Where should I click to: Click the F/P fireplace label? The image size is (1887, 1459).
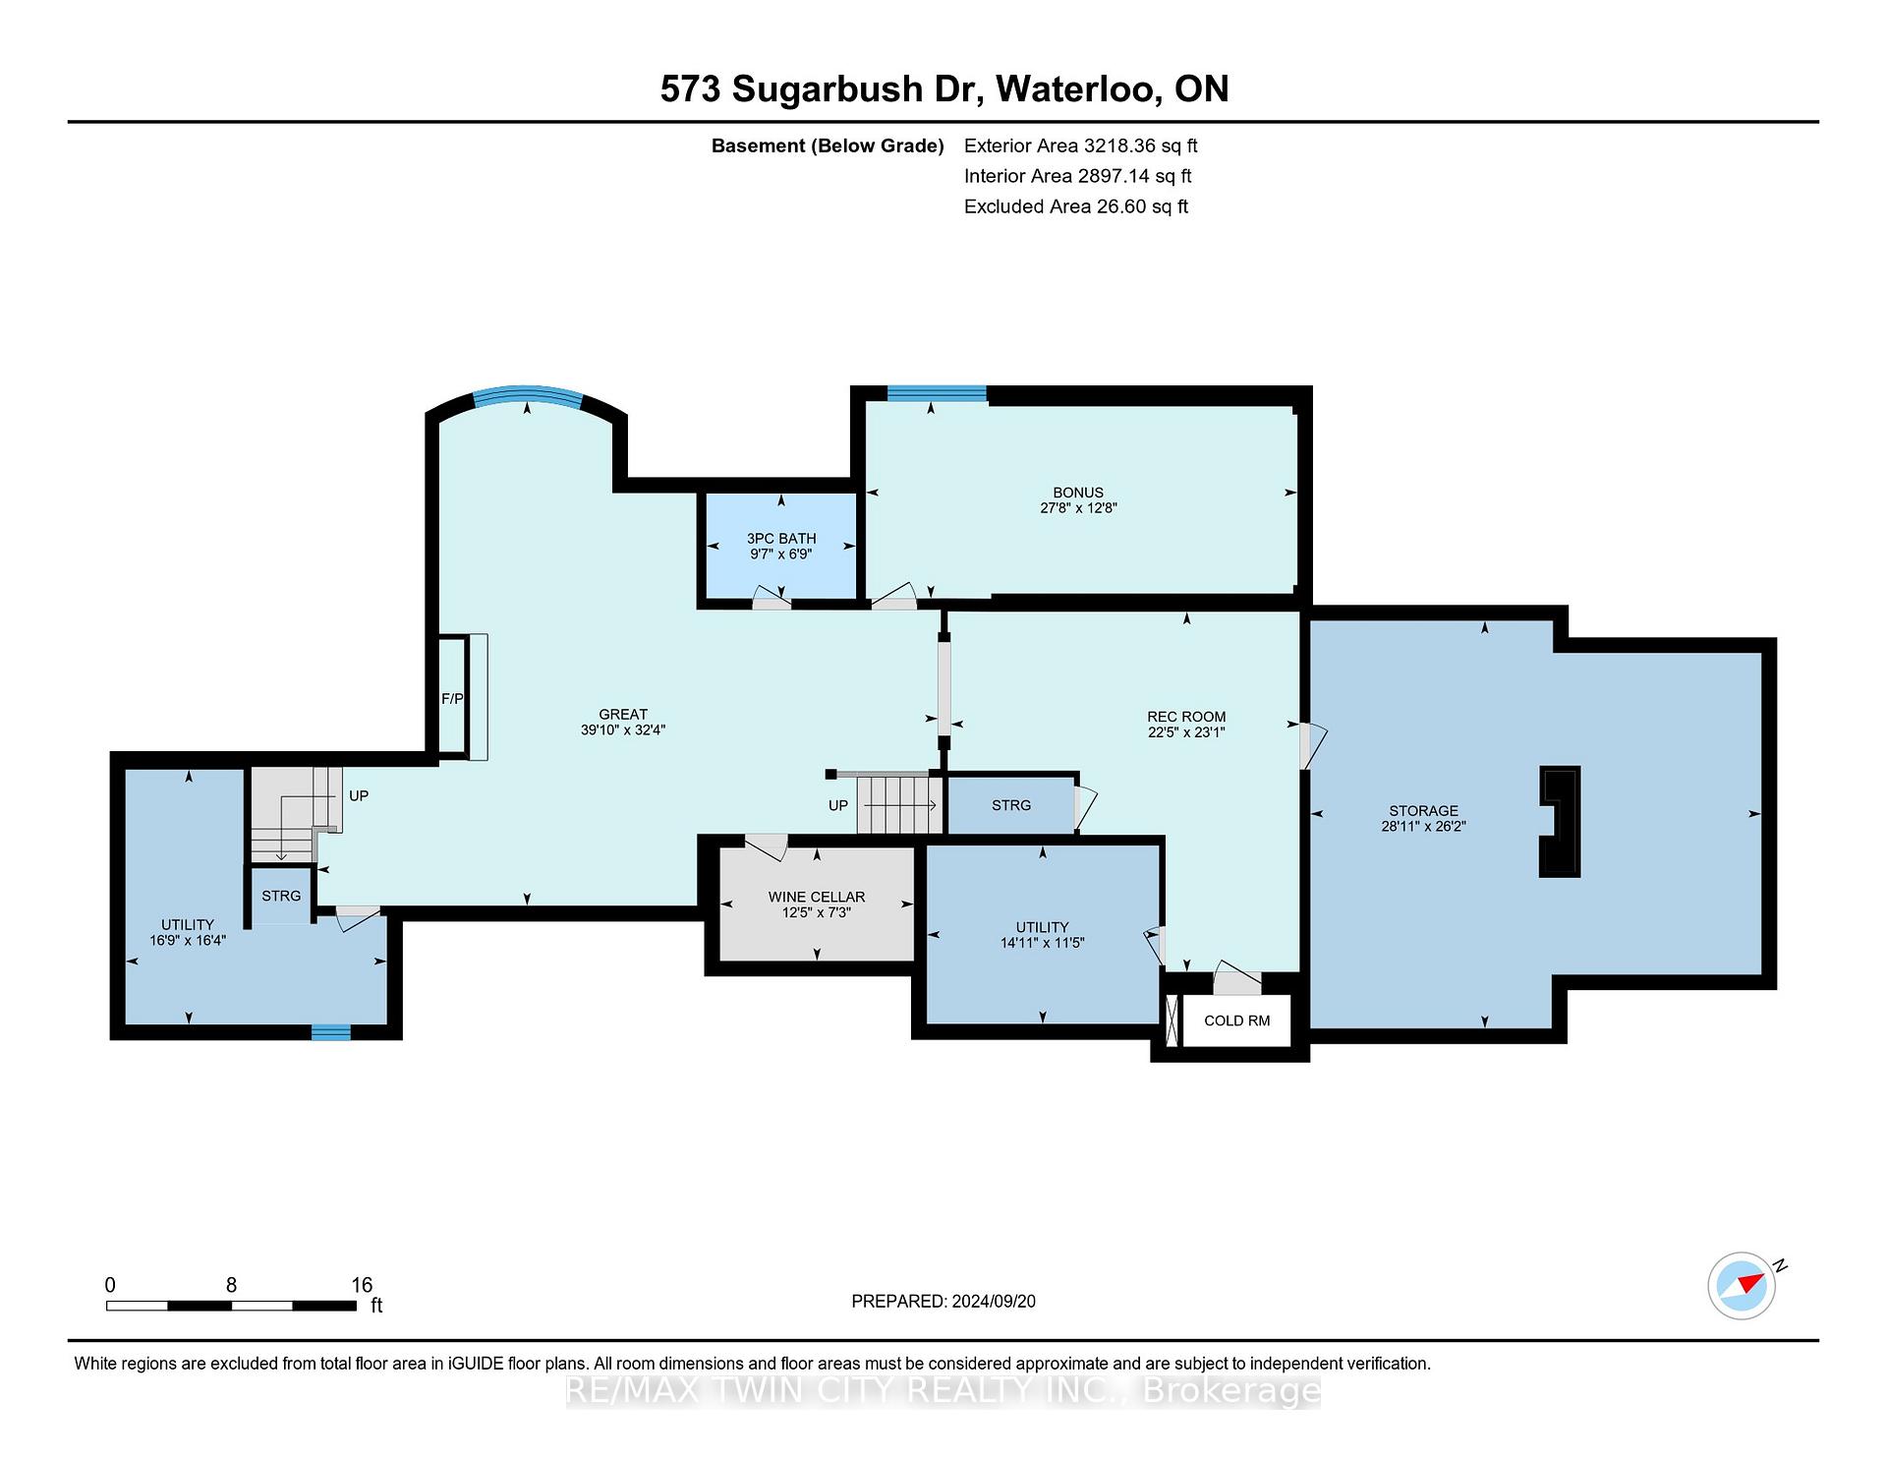coord(452,699)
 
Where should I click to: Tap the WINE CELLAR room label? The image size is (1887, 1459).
coord(817,897)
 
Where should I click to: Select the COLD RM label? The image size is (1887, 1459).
coord(1237,1021)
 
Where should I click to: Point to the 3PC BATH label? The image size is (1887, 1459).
coord(781,539)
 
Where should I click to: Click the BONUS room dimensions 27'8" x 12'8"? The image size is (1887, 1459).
coord(1078,508)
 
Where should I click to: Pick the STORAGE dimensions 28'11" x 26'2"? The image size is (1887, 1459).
coord(1423,827)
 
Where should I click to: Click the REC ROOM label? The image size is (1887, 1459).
coord(1186,717)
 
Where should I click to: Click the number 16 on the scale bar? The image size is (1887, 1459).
coord(362,1285)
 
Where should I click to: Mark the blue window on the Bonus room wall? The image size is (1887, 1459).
coord(937,393)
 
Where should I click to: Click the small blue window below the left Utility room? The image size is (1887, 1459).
coord(331,1032)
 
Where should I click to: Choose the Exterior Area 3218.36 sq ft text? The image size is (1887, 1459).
coord(1081,146)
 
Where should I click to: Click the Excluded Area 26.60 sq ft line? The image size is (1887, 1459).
coord(1076,206)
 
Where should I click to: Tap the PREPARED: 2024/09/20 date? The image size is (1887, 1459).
coord(943,1302)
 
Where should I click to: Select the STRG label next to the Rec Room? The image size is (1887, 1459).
coord(1011,805)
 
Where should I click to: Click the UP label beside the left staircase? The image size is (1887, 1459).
coord(359,795)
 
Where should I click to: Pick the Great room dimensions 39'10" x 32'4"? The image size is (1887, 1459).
coord(623,730)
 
